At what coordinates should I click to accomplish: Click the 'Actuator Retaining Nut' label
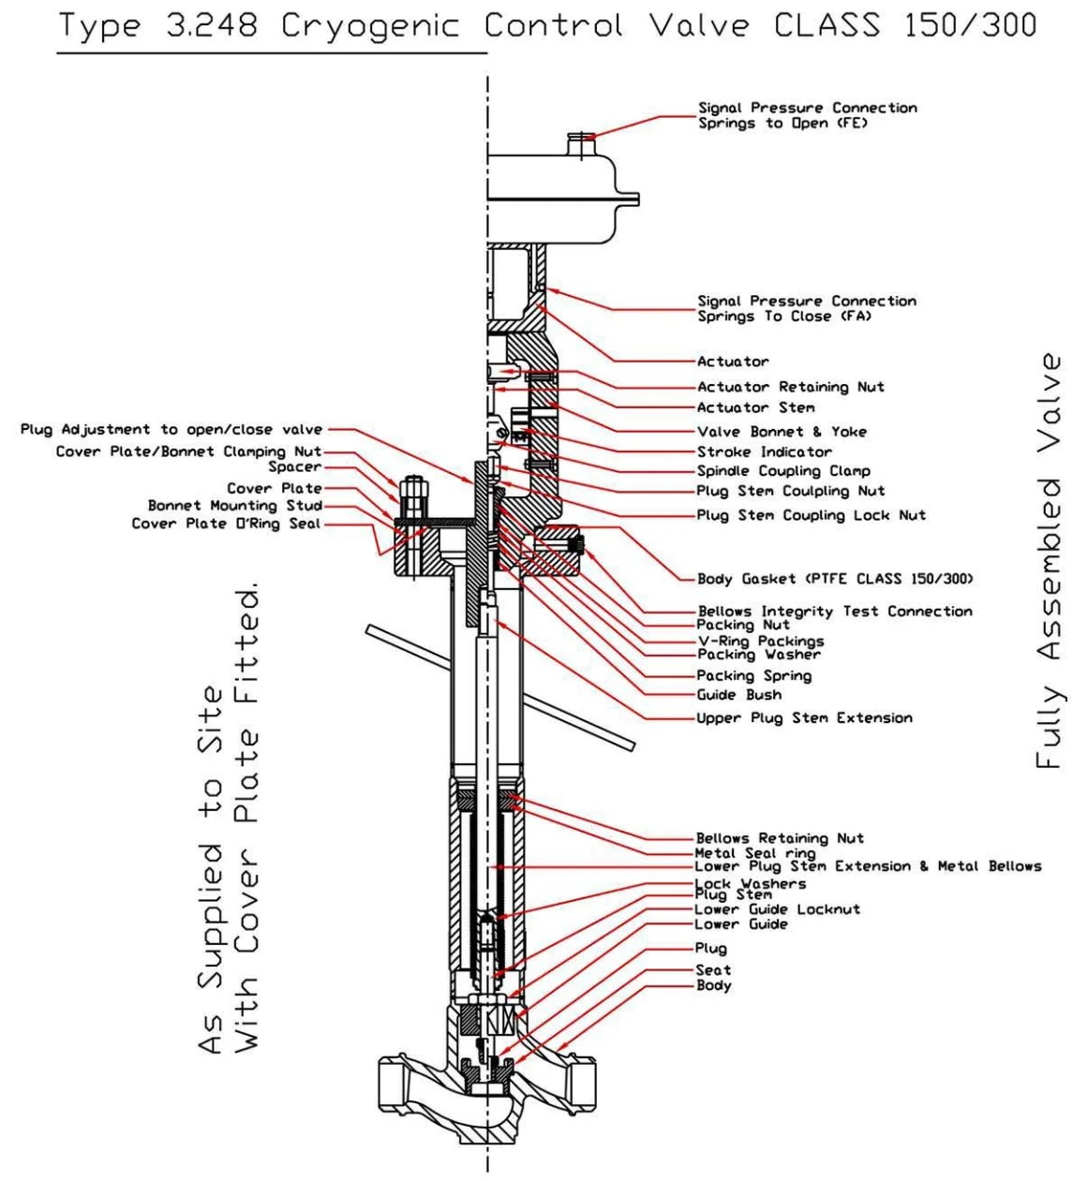tap(790, 387)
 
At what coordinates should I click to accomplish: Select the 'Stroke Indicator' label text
tap(764, 451)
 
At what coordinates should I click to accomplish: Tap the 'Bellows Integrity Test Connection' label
tap(835, 612)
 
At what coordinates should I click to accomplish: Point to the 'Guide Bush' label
tap(738, 695)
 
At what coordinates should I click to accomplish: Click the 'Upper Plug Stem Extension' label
tap(804, 718)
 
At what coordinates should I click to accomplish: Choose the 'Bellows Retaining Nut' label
tap(779, 838)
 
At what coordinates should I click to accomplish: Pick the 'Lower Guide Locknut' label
tap(777, 909)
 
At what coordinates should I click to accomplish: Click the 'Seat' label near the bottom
tap(713, 970)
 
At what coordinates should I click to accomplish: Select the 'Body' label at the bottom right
tap(713, 985)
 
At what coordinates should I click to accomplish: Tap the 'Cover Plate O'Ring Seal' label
tap(226, 524)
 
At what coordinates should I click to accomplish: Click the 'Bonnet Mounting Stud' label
tap(234, 506)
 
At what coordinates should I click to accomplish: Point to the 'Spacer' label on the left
tap(294, 466)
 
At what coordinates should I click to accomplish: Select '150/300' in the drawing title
tap(970, 25)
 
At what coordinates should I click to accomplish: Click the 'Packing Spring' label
tap(753, 675)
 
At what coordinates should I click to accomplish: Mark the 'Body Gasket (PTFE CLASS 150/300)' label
tap(835, 579)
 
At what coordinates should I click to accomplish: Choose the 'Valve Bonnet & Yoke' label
tap(782, 432)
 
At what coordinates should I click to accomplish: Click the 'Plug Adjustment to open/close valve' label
tap(171, 430)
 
